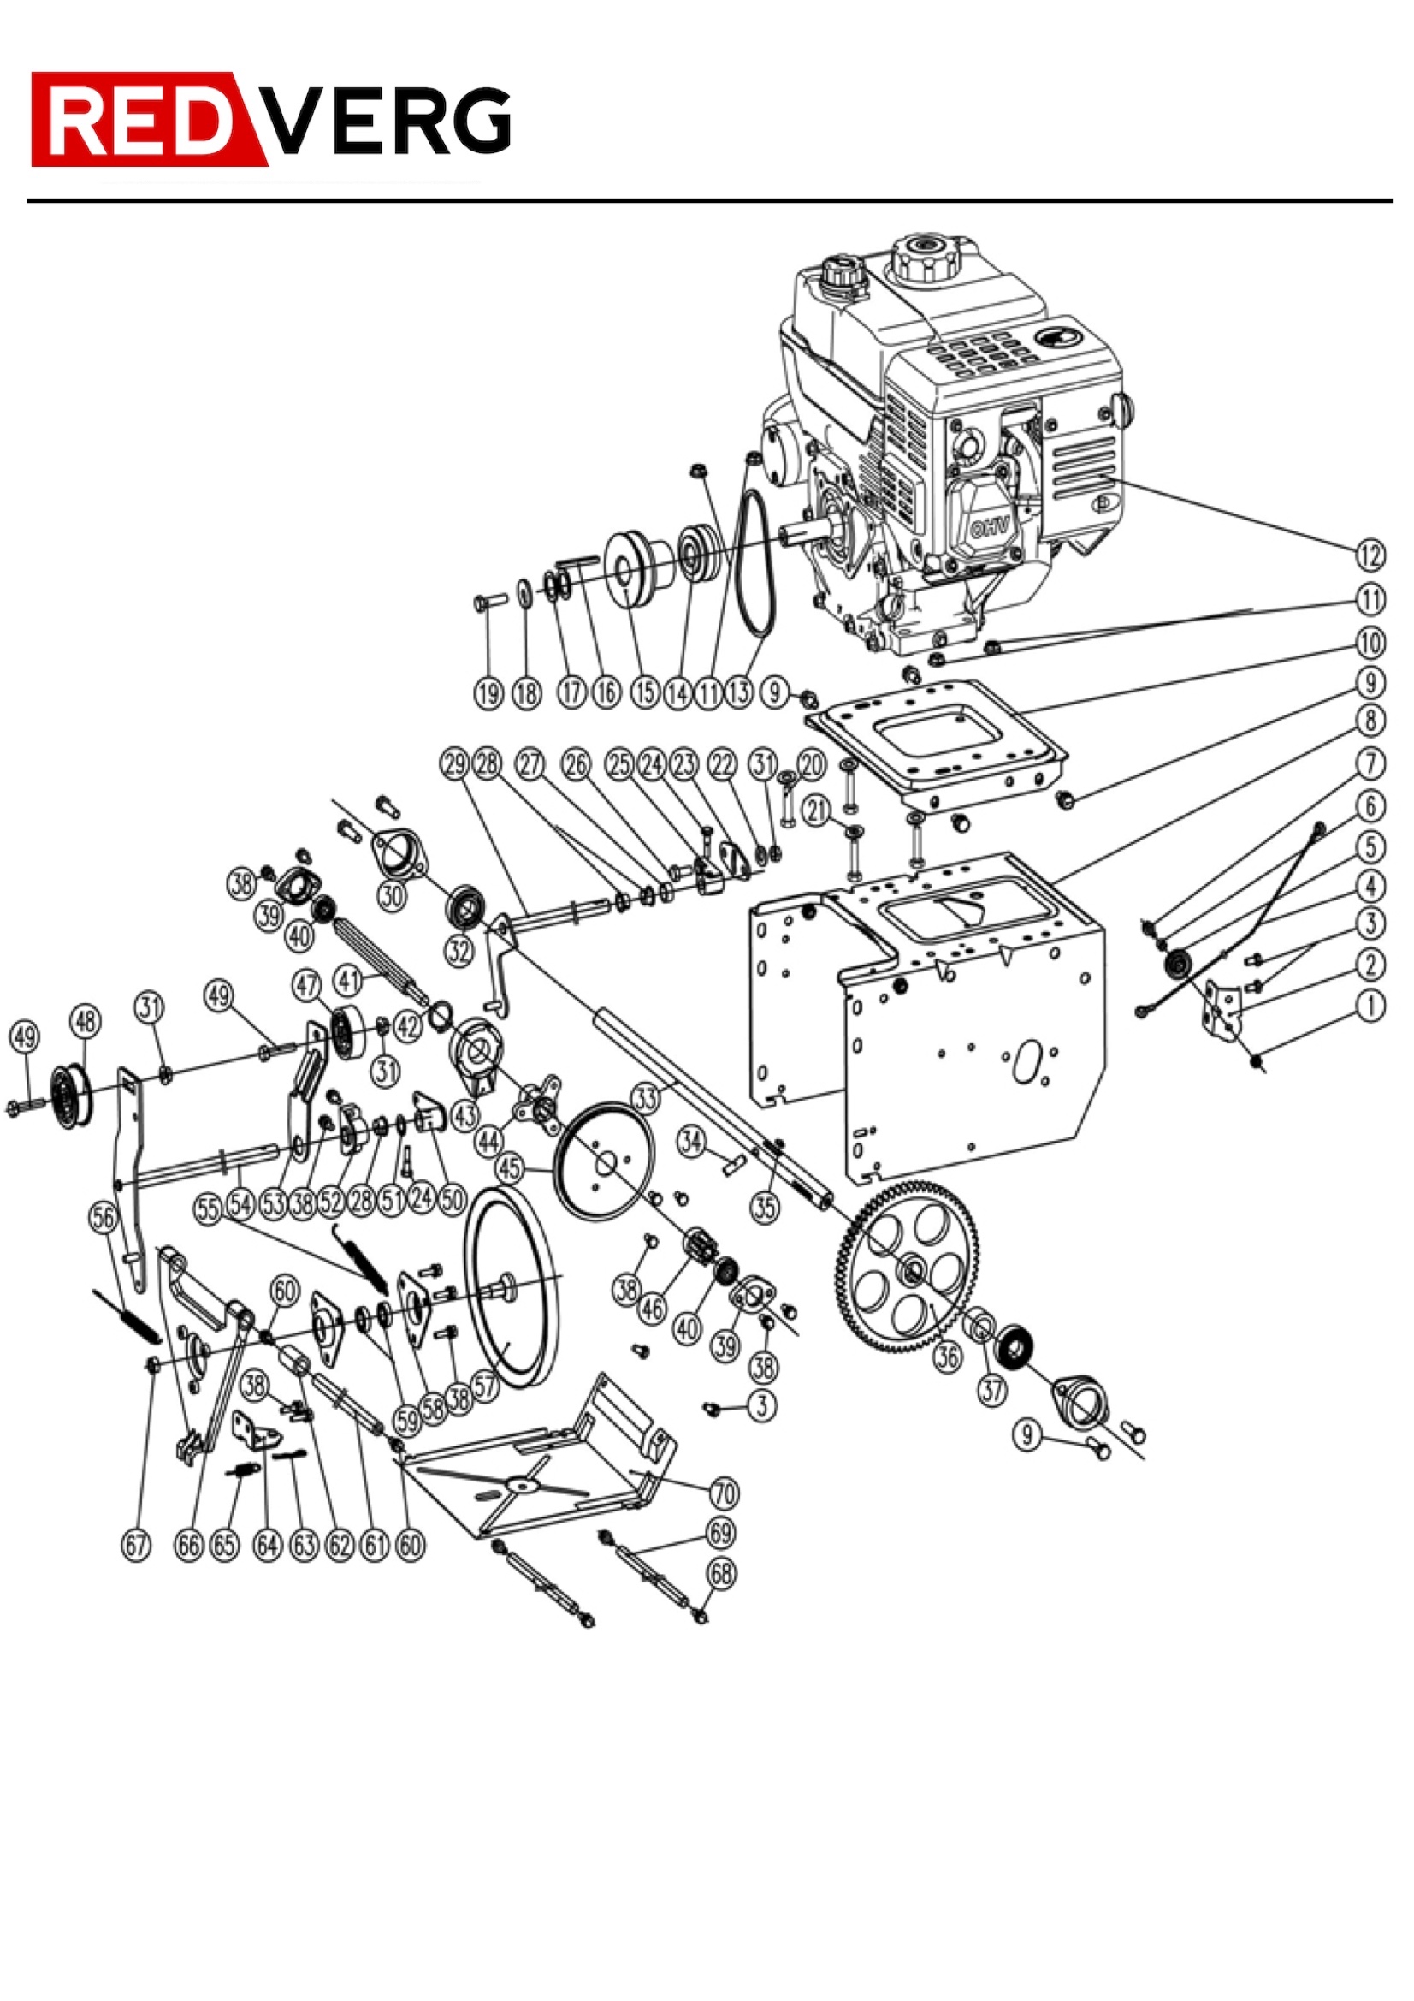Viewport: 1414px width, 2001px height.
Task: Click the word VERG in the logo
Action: [388, 122]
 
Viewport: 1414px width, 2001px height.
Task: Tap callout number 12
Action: [1370, 555]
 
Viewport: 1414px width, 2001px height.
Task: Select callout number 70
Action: [725, 1493]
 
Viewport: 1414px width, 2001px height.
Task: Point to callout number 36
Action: [946, 1355]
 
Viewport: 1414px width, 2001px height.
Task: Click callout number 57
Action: [486, 1386]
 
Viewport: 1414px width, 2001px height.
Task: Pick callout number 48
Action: [86, 1021]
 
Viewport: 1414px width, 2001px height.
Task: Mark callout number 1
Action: [1370, 1006]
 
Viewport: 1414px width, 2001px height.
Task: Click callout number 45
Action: [510, 1168]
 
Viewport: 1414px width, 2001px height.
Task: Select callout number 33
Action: [645, 1099]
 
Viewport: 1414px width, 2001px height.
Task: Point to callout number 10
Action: [1370, 644]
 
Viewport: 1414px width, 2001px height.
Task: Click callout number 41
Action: [348, 981]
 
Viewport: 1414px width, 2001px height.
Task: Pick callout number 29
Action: [455, 765]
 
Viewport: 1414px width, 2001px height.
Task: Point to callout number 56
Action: [103, 1218]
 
